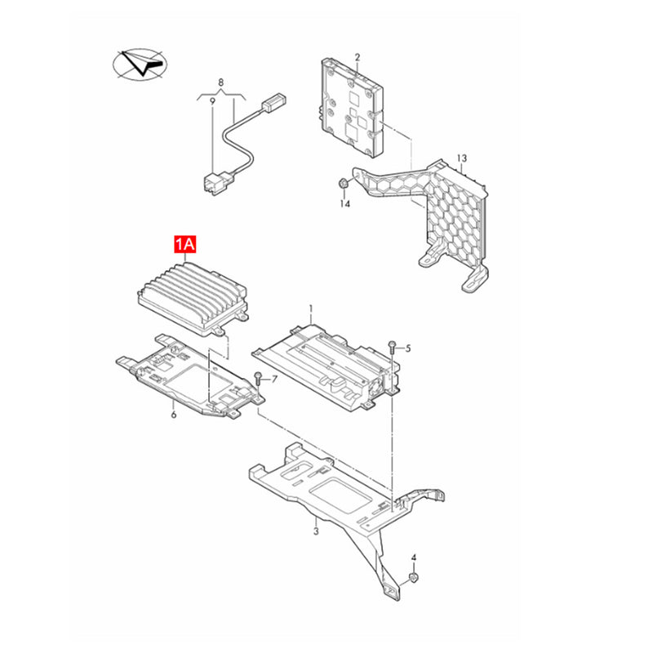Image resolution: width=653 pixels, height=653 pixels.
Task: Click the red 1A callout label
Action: coord(185,244)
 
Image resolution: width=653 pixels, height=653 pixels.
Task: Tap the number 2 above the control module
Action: coord(358,57)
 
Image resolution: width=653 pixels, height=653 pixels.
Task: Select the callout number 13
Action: coord(462,158)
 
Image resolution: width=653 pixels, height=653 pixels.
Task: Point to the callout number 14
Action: coord(344,203)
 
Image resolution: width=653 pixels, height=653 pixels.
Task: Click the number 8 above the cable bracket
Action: coord(220,82)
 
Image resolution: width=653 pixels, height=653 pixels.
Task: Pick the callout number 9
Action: coord(212,100)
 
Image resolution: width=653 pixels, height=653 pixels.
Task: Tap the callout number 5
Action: coord(408,349)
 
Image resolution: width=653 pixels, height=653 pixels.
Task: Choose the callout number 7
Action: coord(274,379)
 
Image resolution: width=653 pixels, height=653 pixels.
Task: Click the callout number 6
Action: coord(174,415)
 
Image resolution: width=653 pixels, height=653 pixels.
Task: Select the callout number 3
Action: coord(316,531)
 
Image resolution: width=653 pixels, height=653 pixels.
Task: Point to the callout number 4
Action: coord(414,557)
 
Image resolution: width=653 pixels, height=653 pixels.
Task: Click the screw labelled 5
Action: coord(393,349)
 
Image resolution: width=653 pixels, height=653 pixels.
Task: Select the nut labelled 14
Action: coord(342,182)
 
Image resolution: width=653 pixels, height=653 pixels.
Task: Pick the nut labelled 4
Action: coord(414,577)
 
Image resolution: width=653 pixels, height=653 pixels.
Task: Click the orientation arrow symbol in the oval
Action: coord(140,64)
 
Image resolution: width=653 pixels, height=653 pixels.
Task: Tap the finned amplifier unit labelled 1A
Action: coord(193,299)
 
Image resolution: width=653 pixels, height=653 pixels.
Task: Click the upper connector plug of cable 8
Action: coord(273,103)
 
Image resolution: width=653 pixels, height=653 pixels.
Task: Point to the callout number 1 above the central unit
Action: coord(311,309)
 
